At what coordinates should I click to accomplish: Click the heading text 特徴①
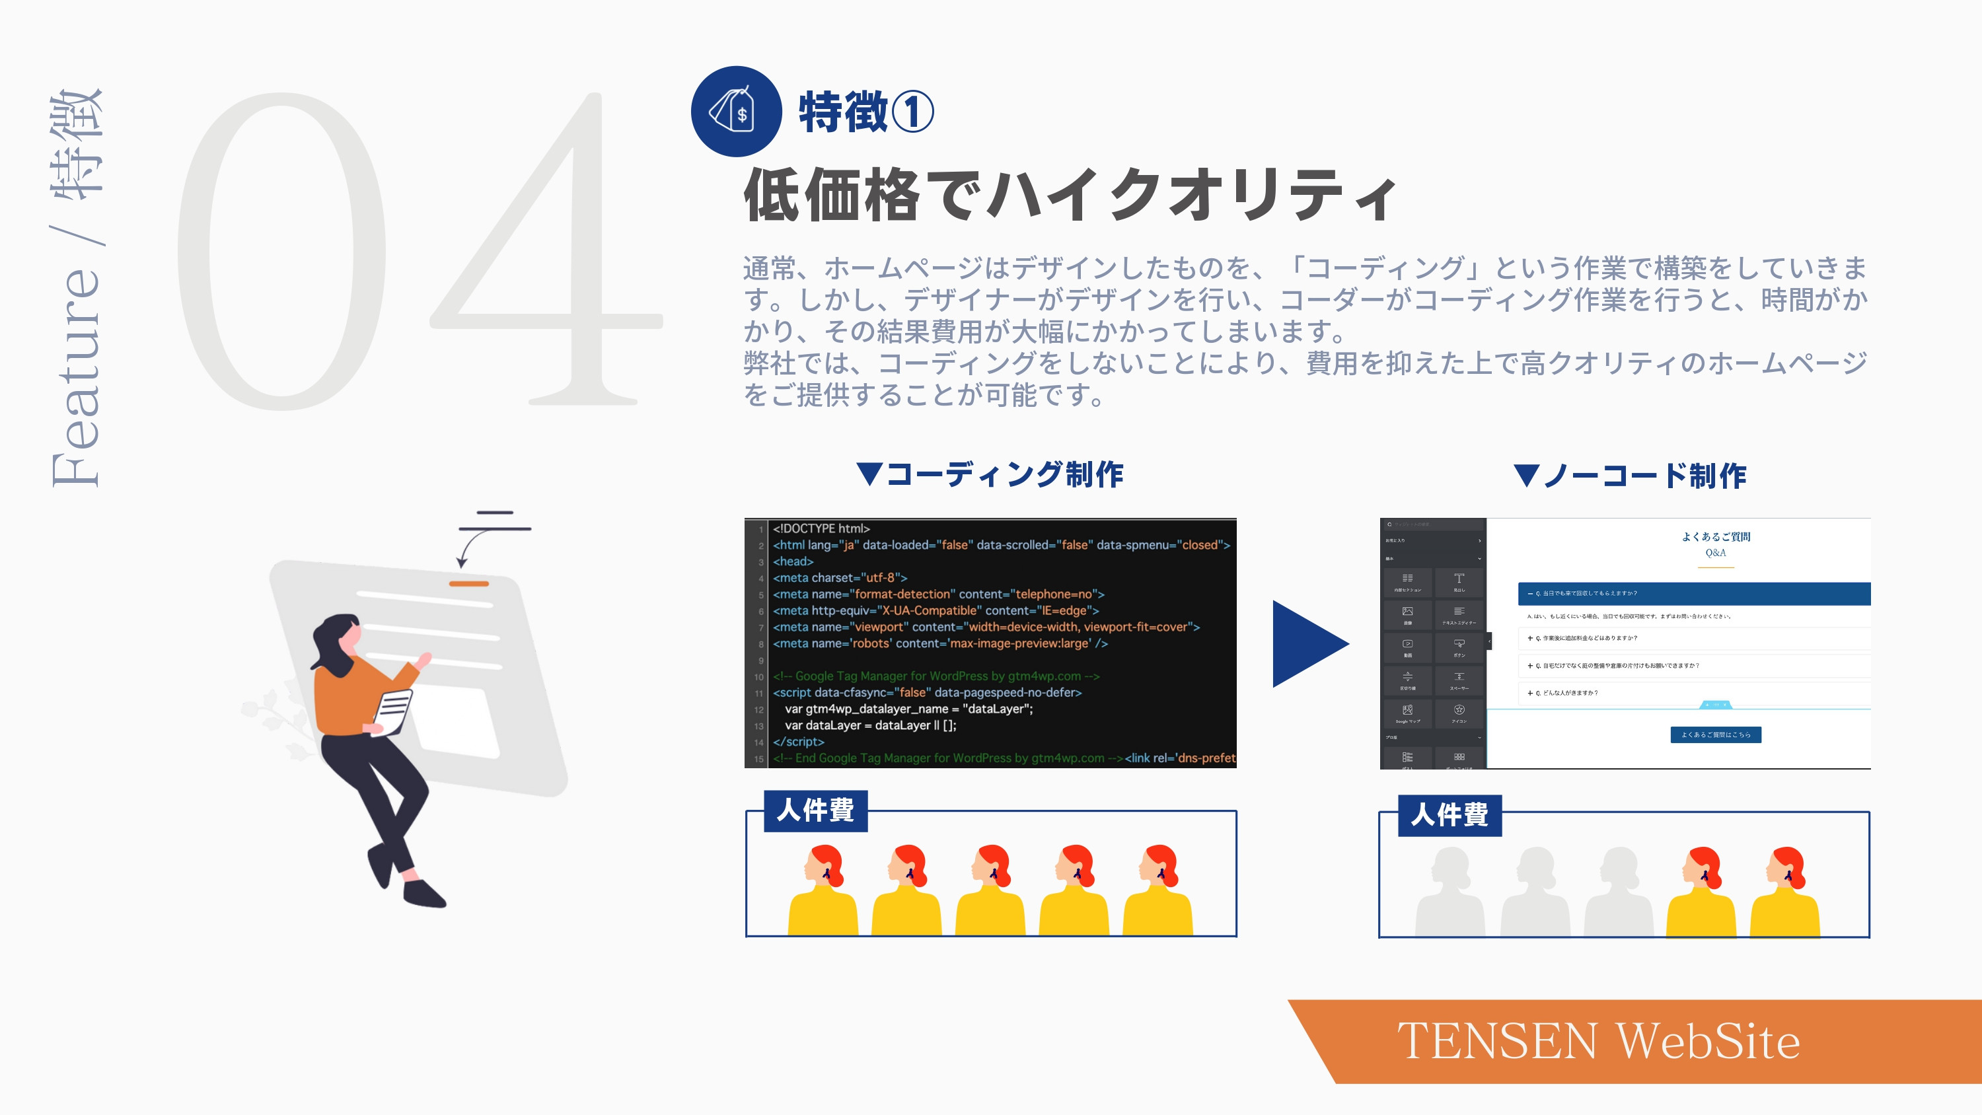865,112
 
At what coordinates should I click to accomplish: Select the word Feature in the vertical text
75,377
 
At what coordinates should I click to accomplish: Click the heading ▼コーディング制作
990,475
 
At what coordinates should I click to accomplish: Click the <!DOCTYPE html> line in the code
821,528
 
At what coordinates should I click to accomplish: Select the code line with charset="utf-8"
840,578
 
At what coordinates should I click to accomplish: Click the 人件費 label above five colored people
815,810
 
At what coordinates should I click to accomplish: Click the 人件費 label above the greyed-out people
1449,815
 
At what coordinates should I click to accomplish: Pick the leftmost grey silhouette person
1450,892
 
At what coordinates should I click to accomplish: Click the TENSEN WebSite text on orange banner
1598,1041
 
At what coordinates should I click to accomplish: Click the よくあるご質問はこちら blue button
1715,735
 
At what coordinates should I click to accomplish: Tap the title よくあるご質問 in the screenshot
1715,536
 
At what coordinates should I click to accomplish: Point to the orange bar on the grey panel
468,584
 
